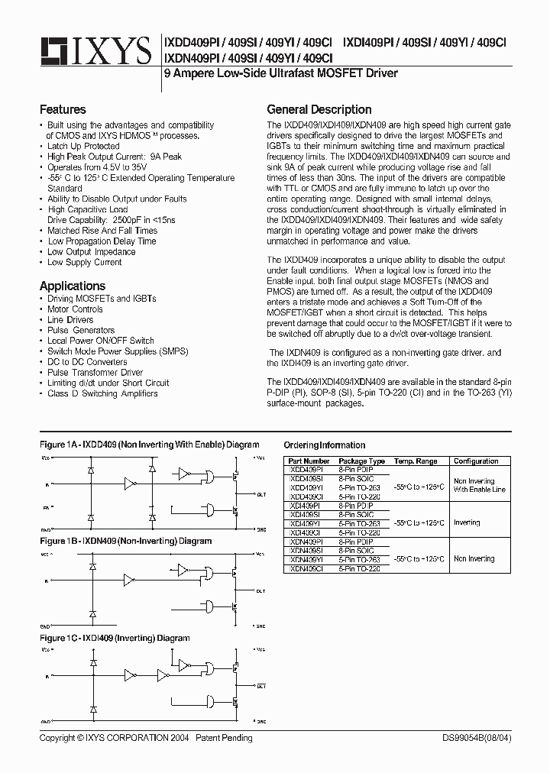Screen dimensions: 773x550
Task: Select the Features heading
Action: tap(63, 109)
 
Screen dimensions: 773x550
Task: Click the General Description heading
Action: tap(319, 109)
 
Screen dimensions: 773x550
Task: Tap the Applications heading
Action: tap(73, 286)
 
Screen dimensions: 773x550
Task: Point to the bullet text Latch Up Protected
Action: tap(83, 146)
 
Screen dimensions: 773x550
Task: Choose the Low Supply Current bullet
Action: tap(84, 262)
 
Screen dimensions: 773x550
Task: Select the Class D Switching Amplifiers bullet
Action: tap(102, 393)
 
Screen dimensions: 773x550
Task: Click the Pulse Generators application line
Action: tap(81, 330)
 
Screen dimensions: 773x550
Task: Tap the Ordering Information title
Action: tap(324, 445)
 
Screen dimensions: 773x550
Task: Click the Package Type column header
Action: tap(361, 461)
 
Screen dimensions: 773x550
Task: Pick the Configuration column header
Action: tap(475, 461)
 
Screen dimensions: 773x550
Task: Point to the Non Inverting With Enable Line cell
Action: tap(479, 485)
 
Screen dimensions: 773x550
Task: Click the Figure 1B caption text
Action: tap(125, 541)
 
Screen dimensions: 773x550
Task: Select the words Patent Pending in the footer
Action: tap(224, 738)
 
